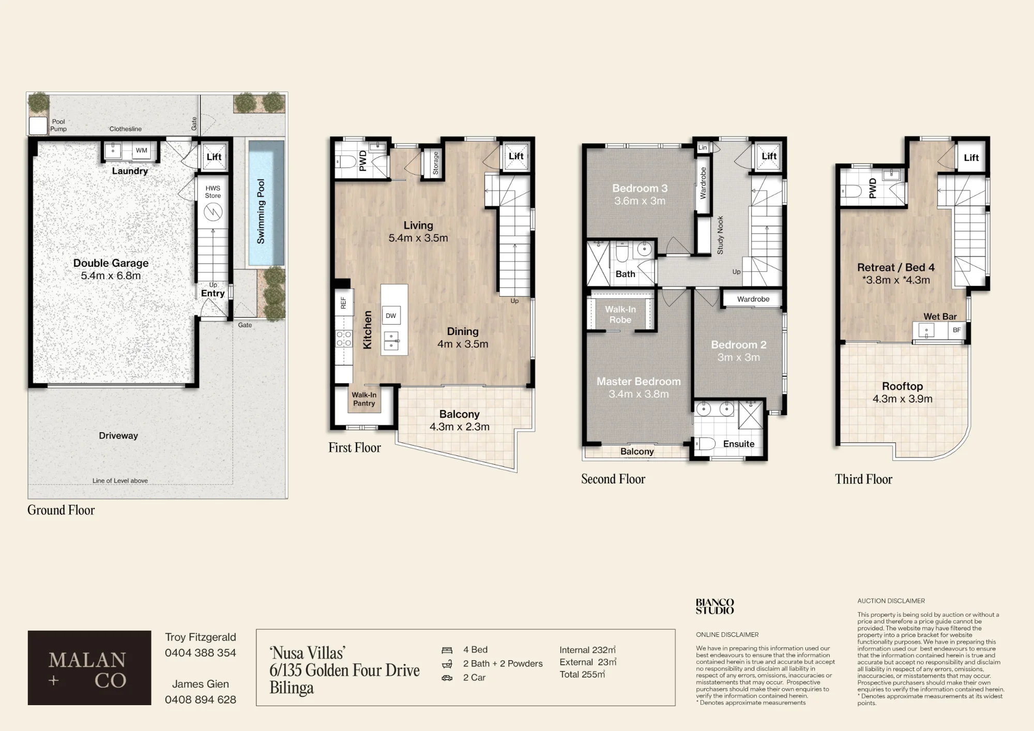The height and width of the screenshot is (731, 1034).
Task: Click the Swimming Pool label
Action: coord(261,211)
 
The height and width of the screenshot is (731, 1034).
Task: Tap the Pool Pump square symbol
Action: coord(38,126)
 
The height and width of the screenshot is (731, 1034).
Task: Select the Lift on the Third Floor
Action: coord(971,158)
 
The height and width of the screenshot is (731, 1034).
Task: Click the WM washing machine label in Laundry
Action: coord(142,150)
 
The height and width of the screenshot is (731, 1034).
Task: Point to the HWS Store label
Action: coord(213,192)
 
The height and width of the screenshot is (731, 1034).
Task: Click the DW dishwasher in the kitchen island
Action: coord(391,315)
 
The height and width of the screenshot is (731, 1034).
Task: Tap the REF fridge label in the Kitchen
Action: coord(343,303)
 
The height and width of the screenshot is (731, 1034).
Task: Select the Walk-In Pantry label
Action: coord(364,399)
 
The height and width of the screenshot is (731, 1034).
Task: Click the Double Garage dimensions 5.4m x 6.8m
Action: coord(111,276)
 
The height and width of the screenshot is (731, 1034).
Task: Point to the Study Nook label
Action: coord(720,235)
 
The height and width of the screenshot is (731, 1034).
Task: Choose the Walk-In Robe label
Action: coord(620,314)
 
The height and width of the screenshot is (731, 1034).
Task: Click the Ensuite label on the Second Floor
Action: coord(739,444)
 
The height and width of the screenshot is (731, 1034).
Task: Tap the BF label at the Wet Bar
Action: coord(956,330)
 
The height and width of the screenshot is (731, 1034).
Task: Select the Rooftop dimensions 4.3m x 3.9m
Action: coord(903,399)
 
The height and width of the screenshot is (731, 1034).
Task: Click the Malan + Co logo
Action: coord(89,667)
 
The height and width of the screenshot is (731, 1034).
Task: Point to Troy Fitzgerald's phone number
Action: coord(201,653)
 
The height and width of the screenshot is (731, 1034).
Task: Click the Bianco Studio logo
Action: coord(714,606)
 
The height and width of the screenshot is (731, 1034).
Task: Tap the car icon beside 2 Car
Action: coord(447,678)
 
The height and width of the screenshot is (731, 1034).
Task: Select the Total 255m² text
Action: coord(582,674)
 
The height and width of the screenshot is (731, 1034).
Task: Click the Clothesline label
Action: coord(126,129)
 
